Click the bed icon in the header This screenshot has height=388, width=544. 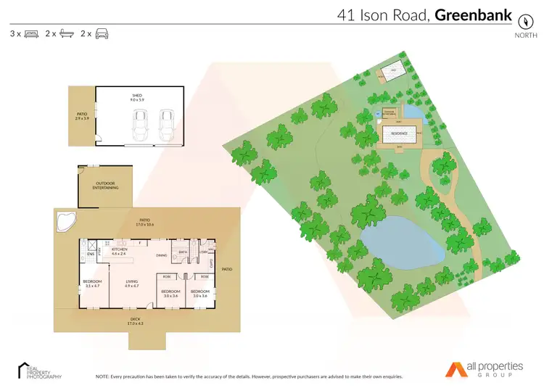[x=31, y=33]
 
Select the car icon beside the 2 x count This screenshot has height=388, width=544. [x=102, y=33]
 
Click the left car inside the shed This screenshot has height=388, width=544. [x=141, y=127]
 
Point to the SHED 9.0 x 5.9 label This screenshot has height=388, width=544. [x=136, y=96]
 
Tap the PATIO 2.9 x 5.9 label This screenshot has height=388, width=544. [x=82, y=116]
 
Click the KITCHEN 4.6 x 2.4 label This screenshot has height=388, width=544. [x=120, y=251]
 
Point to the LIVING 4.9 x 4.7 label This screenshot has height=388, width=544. [x=132, y=283]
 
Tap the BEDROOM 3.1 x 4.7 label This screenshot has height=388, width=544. [x=92, y=283]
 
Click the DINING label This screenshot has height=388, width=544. [x=162, y=255]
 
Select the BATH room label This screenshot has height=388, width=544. [x=184, y=252]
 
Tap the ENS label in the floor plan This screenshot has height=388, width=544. [x=91, y=255]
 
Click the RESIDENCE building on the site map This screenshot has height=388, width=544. [x=400, y=134]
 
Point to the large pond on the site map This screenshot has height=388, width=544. [x=403, y=243]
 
